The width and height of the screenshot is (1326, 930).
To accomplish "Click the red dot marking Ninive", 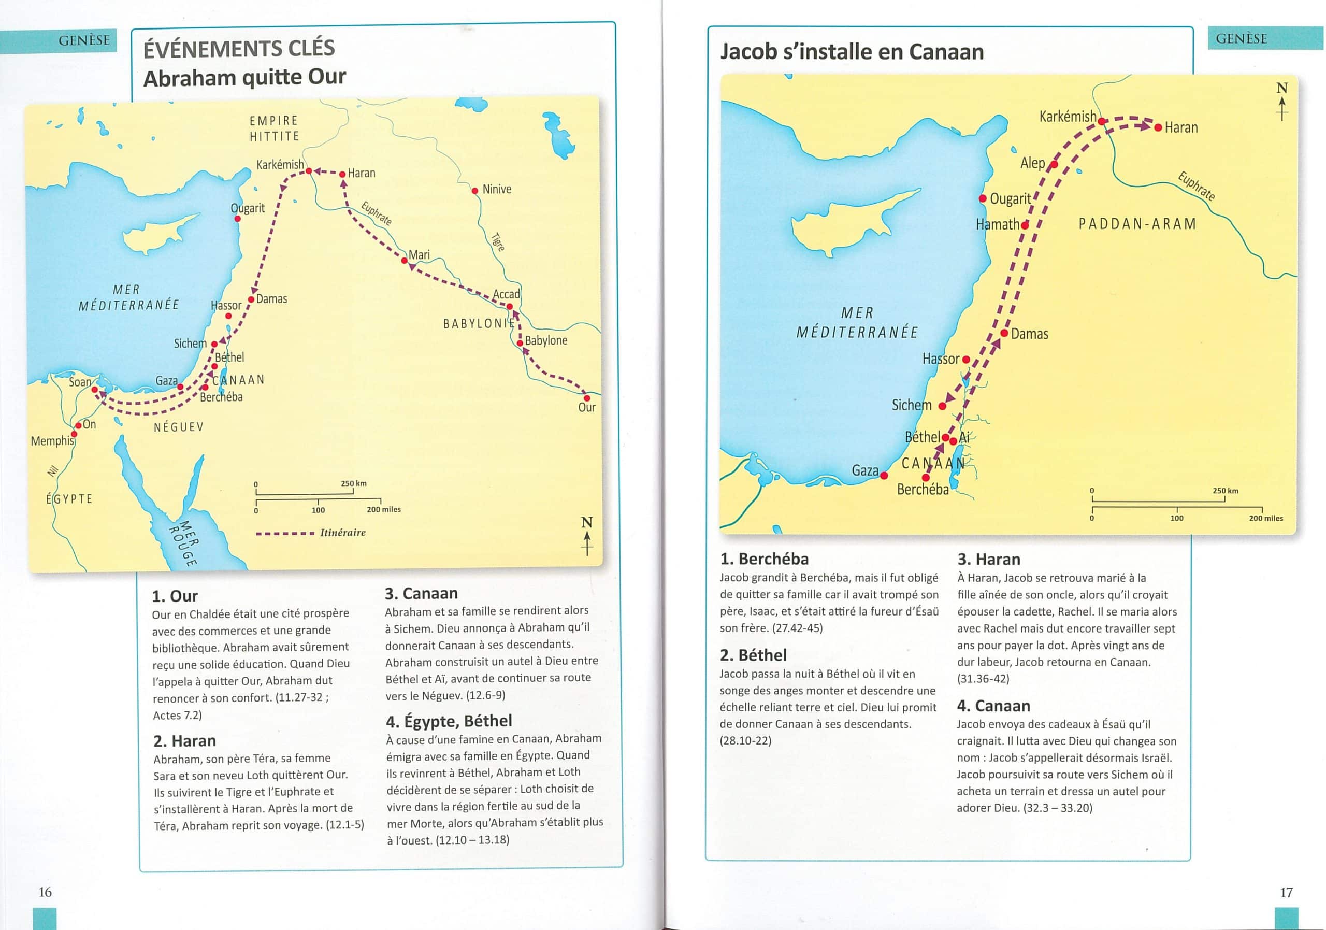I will tap(475, 191).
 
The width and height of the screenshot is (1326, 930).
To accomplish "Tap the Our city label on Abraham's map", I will tap(586, 407).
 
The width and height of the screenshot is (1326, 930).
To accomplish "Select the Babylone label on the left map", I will tap(546, 341).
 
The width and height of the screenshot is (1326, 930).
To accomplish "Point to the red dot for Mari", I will tap(404, 261).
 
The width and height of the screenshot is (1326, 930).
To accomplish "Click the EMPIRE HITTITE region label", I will tap(275, 128).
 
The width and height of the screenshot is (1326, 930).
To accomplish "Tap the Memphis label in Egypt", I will tap(52, 441).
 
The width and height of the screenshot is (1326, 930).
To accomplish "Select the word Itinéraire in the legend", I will tap(342, 533).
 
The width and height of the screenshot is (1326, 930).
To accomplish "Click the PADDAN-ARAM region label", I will tap(1137, 224).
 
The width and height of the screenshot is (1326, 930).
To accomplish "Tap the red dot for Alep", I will tap(1054, 165).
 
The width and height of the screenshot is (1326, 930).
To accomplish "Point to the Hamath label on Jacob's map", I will tap(998, 225).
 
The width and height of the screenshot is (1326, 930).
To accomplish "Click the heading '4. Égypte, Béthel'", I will tap(449, 721).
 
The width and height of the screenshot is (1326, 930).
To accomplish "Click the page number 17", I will tap(1286, 893).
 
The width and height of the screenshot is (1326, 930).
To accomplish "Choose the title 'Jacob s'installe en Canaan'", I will tap(852, 52).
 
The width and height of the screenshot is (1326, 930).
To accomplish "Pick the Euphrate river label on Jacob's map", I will tap(1196, 185).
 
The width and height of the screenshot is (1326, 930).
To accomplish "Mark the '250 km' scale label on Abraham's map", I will tap(353, 483).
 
